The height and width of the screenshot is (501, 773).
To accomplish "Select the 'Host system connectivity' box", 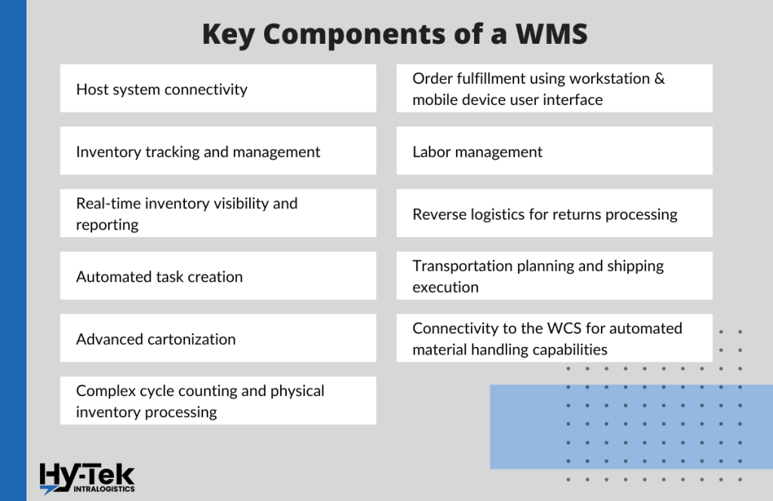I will click(217, 89).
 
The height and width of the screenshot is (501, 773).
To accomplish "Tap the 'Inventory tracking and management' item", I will click(217, 152).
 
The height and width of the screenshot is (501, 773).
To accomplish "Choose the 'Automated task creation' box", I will click(217, 277).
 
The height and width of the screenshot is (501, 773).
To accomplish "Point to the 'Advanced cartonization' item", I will click(217, 340).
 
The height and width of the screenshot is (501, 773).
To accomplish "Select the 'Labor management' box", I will click(554, 152).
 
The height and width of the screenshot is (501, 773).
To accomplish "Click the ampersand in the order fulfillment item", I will click(659, 78).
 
